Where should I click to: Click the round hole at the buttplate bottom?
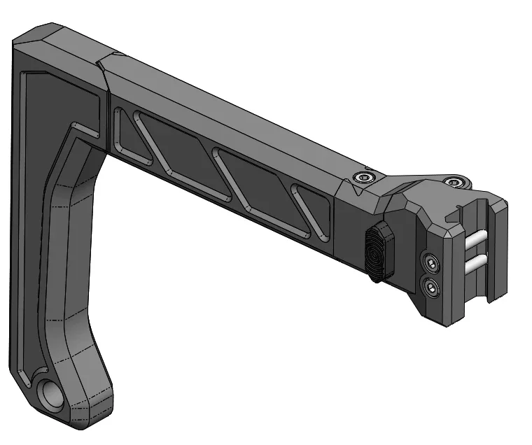click(52, 396)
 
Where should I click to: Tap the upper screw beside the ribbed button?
click(431, 262)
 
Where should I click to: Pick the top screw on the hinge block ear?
click(457, 183)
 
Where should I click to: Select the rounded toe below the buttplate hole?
click(77, 420)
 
